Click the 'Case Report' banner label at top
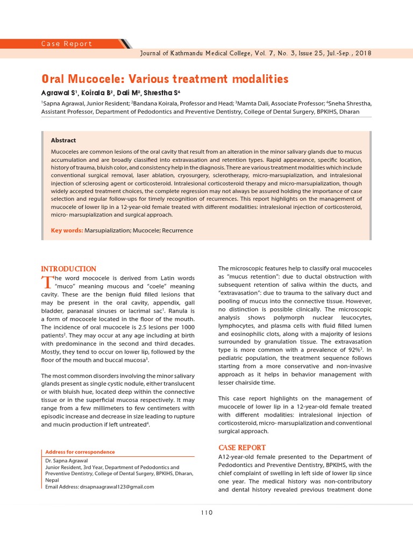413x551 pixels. [x=67, y=44]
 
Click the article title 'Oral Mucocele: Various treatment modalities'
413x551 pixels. [x=165, y=79]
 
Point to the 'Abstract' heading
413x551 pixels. [x=63, y=140]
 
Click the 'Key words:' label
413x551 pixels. [x=67, y=230]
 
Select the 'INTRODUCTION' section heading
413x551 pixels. [x=69, y=269]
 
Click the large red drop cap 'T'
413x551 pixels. [x=47, y=281]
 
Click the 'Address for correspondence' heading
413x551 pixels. [x=80, y=452]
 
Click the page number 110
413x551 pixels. [x=206, y=512]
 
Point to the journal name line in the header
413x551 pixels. [x=255, y=53]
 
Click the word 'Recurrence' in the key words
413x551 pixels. [x=175, y=230]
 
